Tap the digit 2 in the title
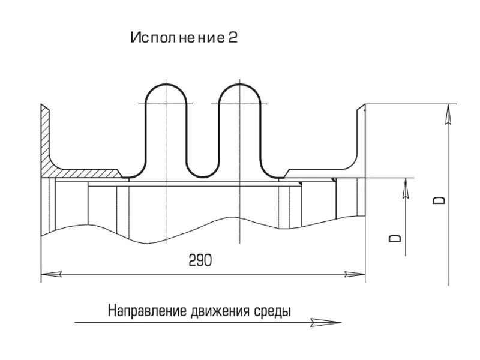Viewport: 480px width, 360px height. [233, 38]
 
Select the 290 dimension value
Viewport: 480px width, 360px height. [200, 260]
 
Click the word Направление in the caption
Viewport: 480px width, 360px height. [148, 311]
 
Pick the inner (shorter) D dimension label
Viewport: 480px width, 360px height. [397, 238]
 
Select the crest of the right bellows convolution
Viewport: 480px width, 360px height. [239, 84]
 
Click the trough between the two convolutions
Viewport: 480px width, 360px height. [203, 175]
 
